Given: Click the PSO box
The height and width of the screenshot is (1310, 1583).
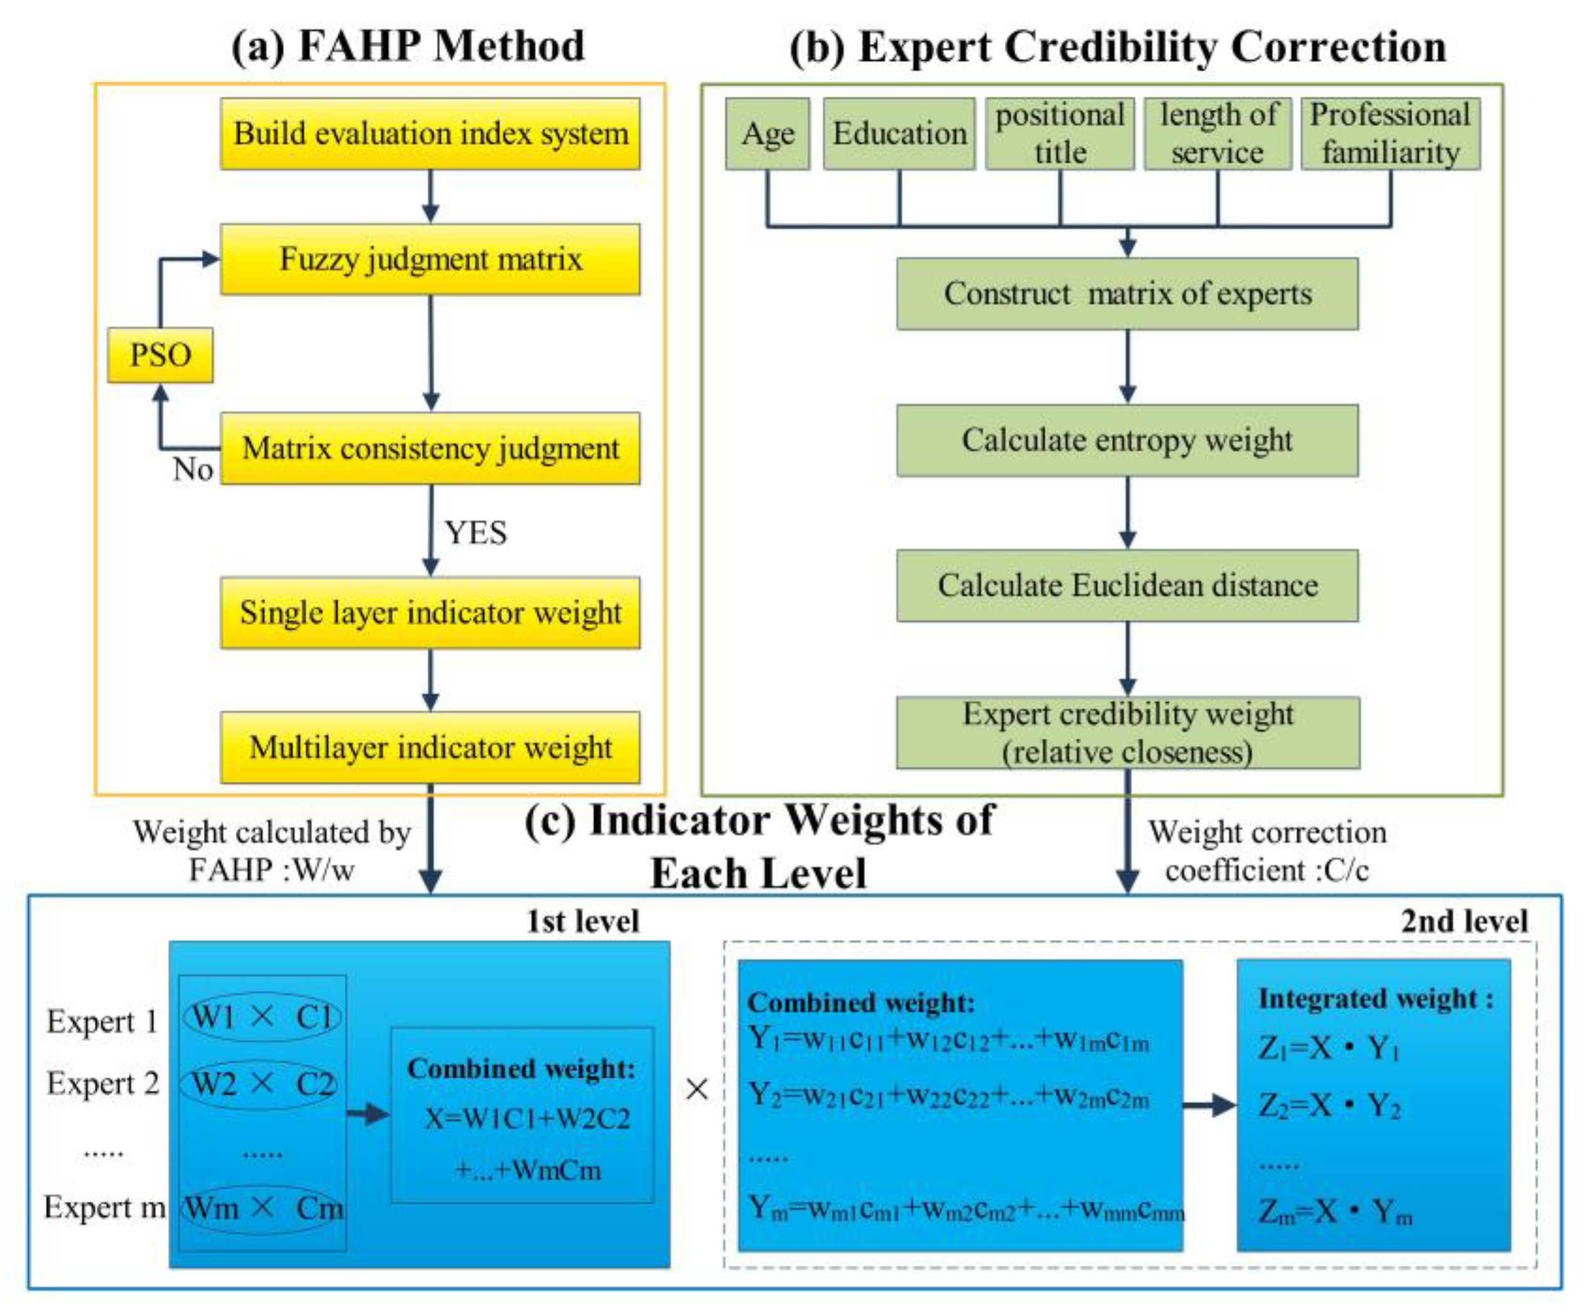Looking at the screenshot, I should click(x=160, y=355).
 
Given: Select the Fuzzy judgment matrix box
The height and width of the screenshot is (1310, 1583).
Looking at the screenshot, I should click(x=430, y=259).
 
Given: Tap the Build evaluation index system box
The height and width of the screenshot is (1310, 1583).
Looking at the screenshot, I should click(x=430, y=134).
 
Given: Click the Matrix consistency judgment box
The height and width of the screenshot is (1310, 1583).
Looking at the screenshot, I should click(x=430, y=449).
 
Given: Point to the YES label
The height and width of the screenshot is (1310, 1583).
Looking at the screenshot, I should click(x=476, y=533).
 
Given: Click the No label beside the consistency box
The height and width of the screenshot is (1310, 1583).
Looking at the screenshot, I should click(x=192, y=469).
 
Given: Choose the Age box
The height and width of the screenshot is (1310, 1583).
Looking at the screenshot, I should click(x=768, y=134).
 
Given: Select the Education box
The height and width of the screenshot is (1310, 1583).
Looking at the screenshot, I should click(x=899, y=134).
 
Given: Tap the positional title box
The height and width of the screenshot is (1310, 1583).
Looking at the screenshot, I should click(x=1060, y=134).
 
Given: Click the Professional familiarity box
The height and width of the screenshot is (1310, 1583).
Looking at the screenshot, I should click(x=1390, y=134).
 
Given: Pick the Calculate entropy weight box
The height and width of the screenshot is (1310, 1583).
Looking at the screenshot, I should click(x=1127, y=440).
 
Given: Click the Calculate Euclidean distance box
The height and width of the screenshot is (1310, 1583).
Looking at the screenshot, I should click(x=1127, y=585).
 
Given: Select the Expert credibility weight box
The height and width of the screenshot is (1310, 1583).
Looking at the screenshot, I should click(x=1127, y=733).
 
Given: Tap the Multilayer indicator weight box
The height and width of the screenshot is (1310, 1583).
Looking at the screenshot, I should click(x=430, y=748).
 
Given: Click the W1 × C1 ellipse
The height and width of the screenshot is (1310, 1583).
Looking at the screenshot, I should click(x=261, y=1017).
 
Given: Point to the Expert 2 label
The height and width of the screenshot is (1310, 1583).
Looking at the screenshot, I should click(x=103, y=1083).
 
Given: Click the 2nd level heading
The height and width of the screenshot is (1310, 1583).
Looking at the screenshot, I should click(x=1464, y=921).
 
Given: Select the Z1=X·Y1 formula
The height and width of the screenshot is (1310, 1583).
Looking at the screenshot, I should click(x=1328, y=1048).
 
